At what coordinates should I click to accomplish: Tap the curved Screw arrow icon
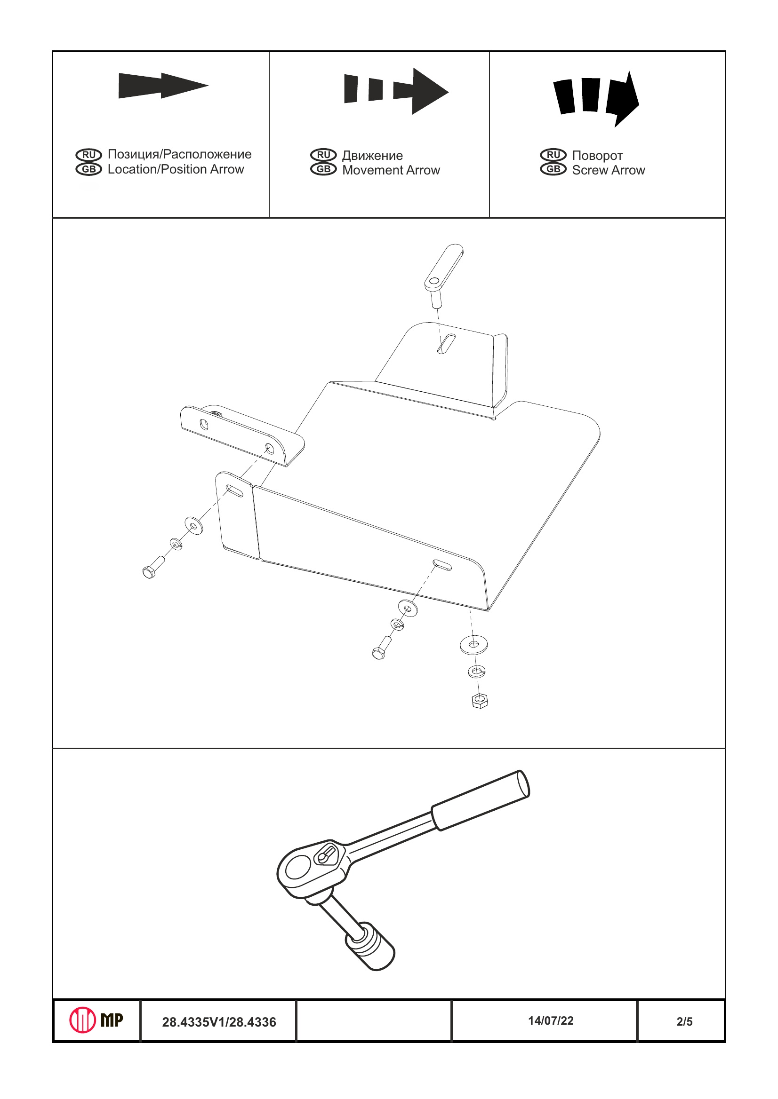point(596,98)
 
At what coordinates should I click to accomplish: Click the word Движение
point(372,156)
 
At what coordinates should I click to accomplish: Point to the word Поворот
point(597,156)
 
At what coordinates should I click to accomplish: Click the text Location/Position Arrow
point(176,169)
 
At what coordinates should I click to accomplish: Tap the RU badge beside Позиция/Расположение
point(88,155)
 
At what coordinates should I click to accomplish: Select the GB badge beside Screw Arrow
point(553,169)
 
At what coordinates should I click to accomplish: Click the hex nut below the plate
point(480,702)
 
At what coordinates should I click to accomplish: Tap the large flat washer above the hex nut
point(473,644)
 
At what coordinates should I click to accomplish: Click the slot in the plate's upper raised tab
point(446,343)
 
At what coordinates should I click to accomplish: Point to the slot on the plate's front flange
point(441,565)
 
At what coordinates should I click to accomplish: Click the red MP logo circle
point(82,1020)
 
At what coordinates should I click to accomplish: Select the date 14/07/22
point(551,1020)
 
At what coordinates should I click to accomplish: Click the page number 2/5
point(684,1021)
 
